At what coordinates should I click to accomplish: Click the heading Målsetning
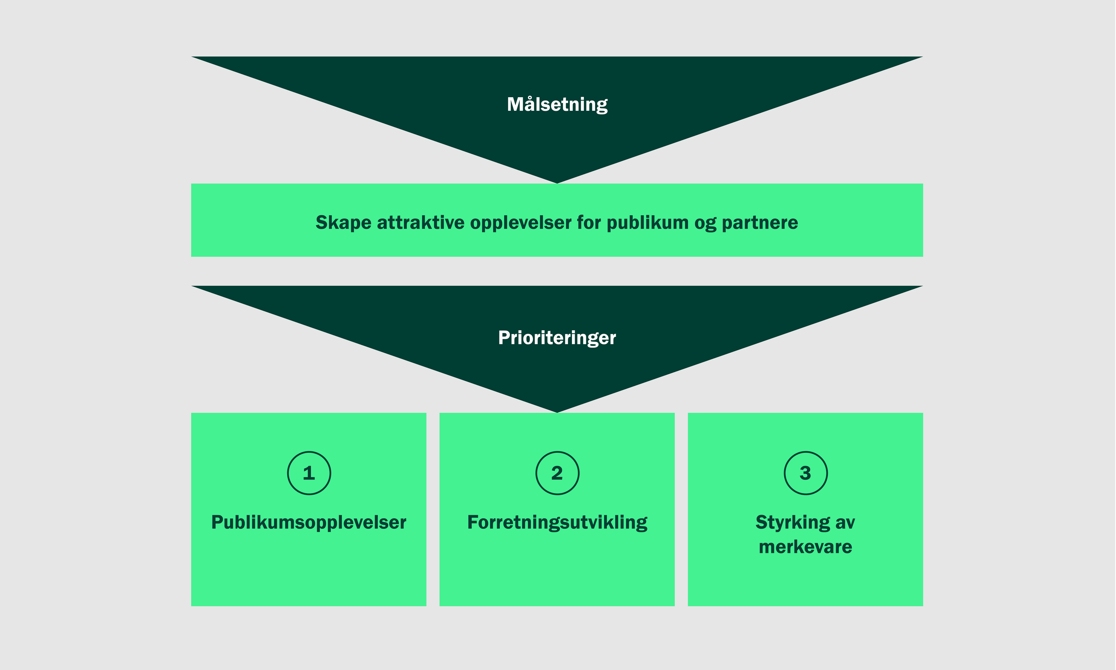pyautogui.click(x=557, y=104)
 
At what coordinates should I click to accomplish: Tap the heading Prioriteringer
pyautogui.click(x=557, y=338)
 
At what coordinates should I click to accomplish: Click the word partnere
pyautogui.click(x=760, y=223)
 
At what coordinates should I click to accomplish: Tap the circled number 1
pyautogui.click(x=309, y=473)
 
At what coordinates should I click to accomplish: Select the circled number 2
pyautogui.click(x=557, y=473)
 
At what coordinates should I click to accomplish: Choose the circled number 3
pyautogui.click(x=805, y=473)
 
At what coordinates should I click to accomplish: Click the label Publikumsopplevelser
pyautogui.click(x=309, y=522)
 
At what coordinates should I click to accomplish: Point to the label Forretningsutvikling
pyautogui.click(x=557, y=522)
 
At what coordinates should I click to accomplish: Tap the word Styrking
pyautogui.click(x=793, y=522)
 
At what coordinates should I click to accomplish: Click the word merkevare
pyautogui.click(x=805, y=547)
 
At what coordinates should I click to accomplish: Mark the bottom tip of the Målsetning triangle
pyautogui.click(x=557, y=182)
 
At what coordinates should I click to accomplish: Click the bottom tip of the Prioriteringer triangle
pyautogui.click(x=557, y=411)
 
